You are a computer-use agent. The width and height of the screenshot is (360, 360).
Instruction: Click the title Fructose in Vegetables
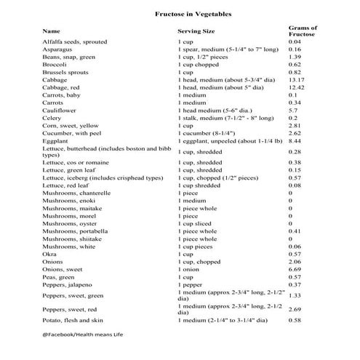(x=179, y=14)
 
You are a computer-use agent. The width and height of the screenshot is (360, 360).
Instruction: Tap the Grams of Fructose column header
(x=303, y=31)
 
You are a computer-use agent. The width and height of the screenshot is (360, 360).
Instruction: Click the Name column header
(x=51, y=32)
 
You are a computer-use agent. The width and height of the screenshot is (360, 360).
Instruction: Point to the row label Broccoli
(x=55, y=65)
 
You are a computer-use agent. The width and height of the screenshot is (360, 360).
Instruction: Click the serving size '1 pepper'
(x=193, y=285)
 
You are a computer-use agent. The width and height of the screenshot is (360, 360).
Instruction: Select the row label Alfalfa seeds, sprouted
(x=76, y=42)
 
